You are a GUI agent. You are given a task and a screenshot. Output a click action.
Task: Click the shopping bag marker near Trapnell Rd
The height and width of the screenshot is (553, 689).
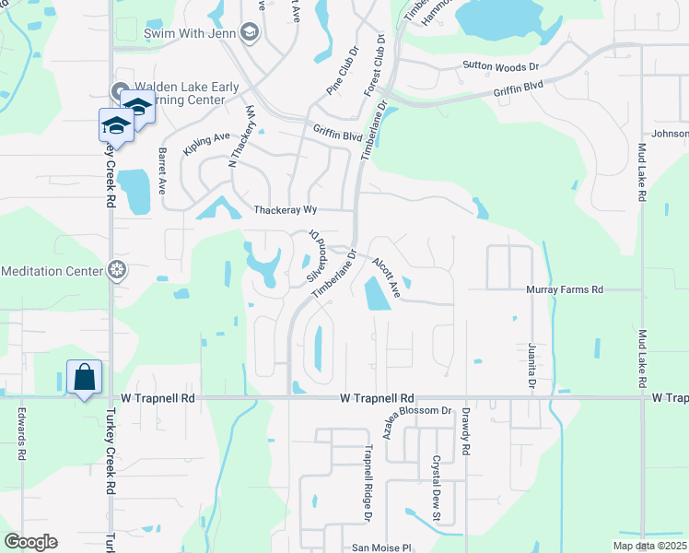coord(84,378)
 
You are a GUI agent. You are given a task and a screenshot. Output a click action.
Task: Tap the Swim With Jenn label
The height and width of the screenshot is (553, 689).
coord(190,33)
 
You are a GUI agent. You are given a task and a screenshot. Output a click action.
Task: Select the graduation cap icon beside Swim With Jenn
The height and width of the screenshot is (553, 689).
coord(249,33)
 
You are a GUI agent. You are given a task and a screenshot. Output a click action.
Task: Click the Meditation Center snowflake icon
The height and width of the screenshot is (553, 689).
coord(117,270)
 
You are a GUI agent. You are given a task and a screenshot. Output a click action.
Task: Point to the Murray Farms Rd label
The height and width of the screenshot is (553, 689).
coord(564,289)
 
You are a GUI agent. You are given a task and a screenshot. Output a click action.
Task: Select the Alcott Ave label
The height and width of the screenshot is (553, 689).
coord(387,277)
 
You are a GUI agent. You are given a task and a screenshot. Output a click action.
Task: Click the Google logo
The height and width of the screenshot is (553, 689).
coord(30,542)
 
